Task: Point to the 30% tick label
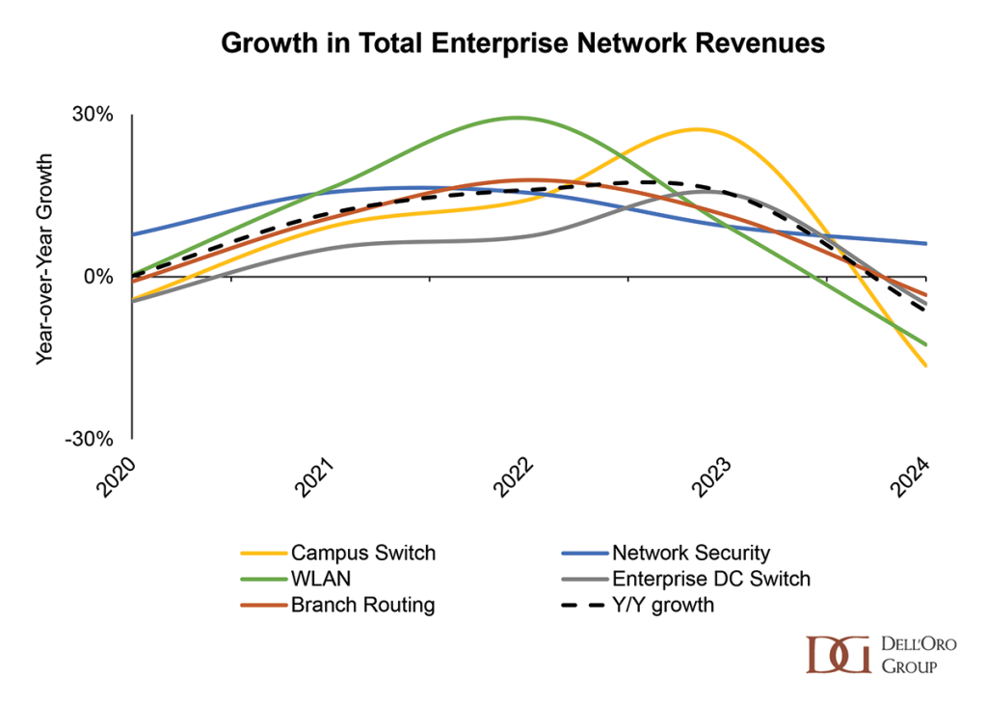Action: point(93,115)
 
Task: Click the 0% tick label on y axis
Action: point(98,277)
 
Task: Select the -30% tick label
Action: point(90,439)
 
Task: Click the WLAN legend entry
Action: point(313,580)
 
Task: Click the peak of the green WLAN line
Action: point(518,118)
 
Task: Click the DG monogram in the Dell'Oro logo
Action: point(838,655)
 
